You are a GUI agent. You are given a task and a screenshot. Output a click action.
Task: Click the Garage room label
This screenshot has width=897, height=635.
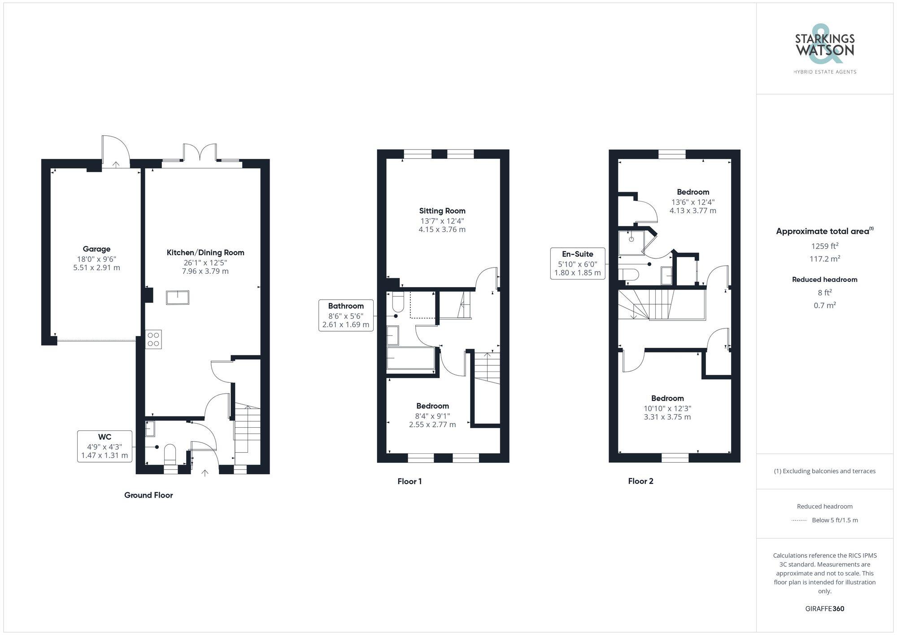(x=96, y=249)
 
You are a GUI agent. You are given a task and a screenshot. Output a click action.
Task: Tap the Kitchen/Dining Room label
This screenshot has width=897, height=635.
(x=205, y=253)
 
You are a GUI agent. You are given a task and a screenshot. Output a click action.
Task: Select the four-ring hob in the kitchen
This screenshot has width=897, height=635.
(x=153, y=339)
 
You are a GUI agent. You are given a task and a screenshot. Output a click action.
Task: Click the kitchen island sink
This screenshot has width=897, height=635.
(x=178, y=298)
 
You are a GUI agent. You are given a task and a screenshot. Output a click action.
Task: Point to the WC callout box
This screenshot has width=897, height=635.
(x=105, y=446)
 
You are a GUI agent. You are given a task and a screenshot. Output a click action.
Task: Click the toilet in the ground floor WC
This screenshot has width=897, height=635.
(x=170, y=454)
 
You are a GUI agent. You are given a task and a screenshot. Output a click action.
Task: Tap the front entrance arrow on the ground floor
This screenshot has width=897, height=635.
(x=205, y=473)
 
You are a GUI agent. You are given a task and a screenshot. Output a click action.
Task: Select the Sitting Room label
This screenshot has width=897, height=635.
(x=442, y=211)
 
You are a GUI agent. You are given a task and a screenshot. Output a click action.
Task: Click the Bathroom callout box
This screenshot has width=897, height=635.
(x=345, y=315)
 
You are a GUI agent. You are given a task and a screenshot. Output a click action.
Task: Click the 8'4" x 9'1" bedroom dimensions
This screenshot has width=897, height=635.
(x=432, y=420)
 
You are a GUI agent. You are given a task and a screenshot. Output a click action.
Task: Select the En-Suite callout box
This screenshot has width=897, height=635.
(x=577, y=263)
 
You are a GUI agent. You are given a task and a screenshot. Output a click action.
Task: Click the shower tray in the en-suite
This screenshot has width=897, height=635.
(x=631, y=242)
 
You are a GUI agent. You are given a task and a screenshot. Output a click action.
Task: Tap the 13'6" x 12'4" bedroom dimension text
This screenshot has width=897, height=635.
(x=693, y=206)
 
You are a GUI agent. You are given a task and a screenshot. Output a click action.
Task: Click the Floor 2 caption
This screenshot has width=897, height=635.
(x=640, y=481)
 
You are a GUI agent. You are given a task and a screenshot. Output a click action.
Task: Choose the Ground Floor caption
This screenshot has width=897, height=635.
(x=148, y=495)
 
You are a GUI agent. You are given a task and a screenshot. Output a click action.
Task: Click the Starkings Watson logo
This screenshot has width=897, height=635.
(x=824, y=49)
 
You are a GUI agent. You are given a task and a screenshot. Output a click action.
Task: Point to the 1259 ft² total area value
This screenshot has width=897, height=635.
(x=824, y=246)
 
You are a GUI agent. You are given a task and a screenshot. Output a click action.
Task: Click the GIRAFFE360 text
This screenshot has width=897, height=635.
(x=824, y=609)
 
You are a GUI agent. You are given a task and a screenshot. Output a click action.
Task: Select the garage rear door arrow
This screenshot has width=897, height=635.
(x=116, y=164)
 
